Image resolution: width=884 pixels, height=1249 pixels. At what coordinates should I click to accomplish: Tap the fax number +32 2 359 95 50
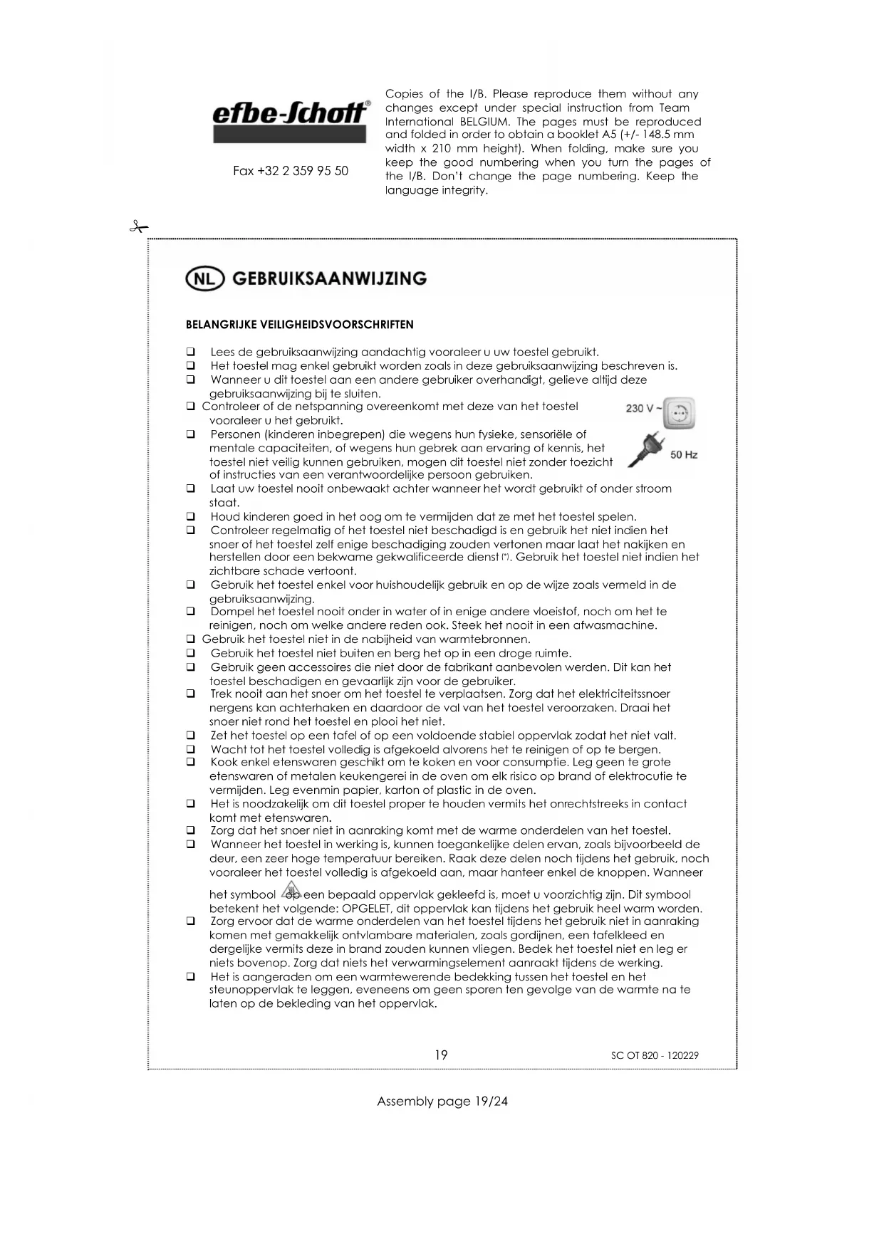(291, 171)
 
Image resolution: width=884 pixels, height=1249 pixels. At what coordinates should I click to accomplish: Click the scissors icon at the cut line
(139, 228)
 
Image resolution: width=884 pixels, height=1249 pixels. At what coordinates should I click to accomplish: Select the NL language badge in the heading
(204, 279)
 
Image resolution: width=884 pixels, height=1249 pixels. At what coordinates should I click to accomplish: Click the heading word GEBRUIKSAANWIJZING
(329, 278)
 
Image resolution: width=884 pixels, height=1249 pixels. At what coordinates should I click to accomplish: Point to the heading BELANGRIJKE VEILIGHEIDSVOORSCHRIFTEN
(299, 325)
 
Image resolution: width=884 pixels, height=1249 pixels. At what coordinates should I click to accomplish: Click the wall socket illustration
(679, 413)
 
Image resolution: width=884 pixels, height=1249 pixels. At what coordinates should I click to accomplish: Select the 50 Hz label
(684, 454)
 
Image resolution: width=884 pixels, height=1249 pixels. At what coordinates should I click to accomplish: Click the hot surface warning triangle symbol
(291, 890)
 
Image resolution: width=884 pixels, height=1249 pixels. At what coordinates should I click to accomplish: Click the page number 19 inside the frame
(441, 1055)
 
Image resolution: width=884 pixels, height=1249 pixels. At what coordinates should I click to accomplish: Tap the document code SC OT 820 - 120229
(655, 1055)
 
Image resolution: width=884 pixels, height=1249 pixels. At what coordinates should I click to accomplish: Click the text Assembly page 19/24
(442, 1102)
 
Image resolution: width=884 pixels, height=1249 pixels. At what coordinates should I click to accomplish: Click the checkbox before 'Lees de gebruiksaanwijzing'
(190, 352)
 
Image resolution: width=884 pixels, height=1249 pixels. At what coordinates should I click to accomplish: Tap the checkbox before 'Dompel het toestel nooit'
(190, 612)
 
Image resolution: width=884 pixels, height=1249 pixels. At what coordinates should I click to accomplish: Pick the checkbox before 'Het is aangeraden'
(190, 977)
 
